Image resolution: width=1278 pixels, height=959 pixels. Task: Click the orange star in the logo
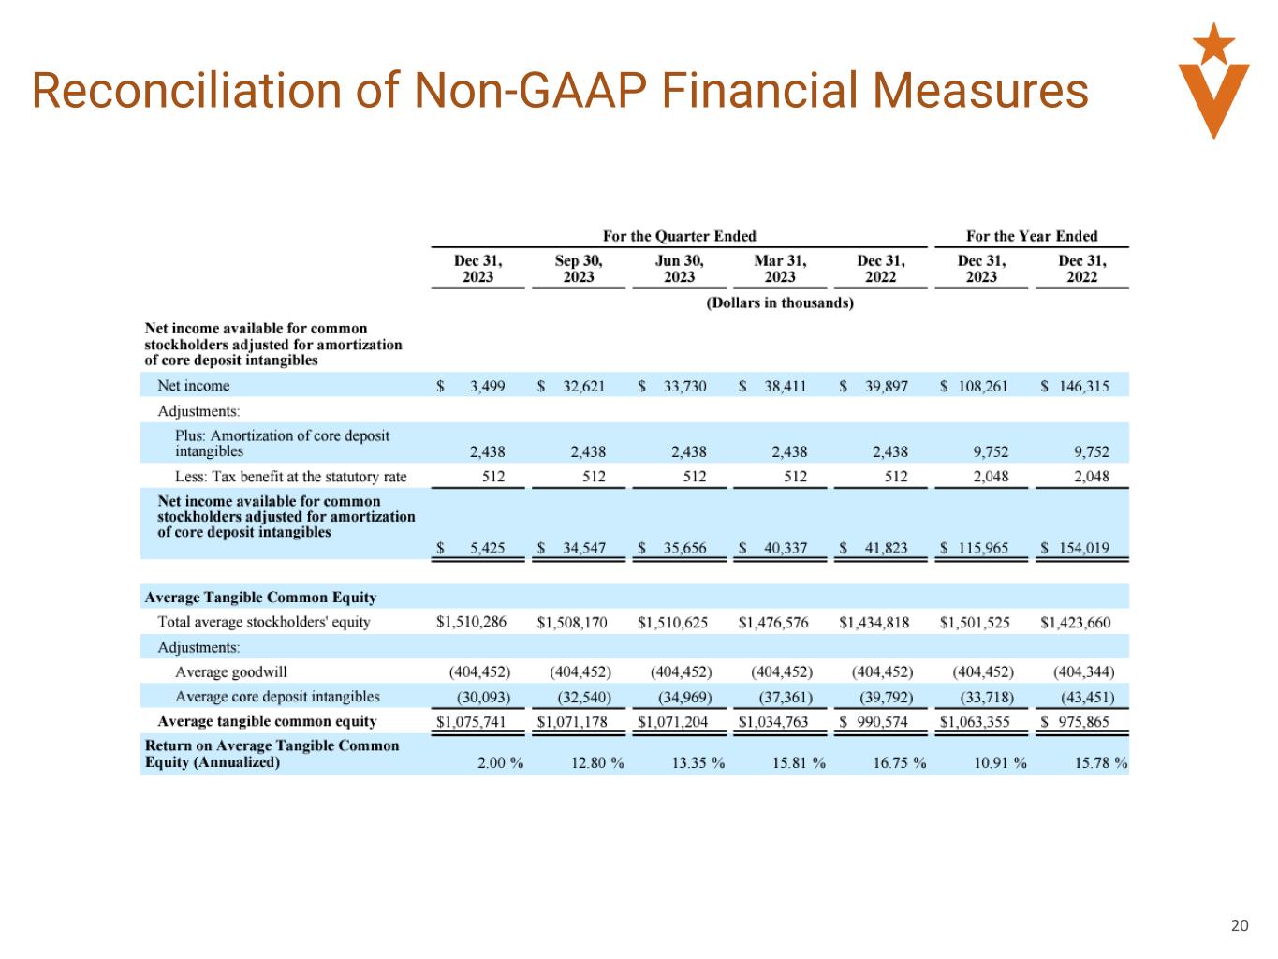(x=1213, y=42)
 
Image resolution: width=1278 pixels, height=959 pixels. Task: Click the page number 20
(x=1239, y=926)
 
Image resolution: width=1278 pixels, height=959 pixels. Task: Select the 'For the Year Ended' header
(x=1032, y=236)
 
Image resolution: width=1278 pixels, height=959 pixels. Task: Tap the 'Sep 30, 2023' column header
(x=579, y=269)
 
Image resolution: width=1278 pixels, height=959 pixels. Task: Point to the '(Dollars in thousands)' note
(x=780, y=302)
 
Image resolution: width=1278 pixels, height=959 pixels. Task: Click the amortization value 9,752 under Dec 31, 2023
(x=991, y=451)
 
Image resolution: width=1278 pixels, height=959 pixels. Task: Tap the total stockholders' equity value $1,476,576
(x=773, y=622)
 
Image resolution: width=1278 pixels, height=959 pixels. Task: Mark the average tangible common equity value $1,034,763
(x=773, y=721)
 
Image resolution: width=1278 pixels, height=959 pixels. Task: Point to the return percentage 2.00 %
(x=500, y=762)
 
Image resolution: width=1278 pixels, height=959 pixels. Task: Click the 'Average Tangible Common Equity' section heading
(x=260, y=598)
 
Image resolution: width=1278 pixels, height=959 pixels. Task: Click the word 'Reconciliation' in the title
(x=184, y=91)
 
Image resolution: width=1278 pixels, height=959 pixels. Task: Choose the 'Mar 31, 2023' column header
(x=780, y=269)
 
